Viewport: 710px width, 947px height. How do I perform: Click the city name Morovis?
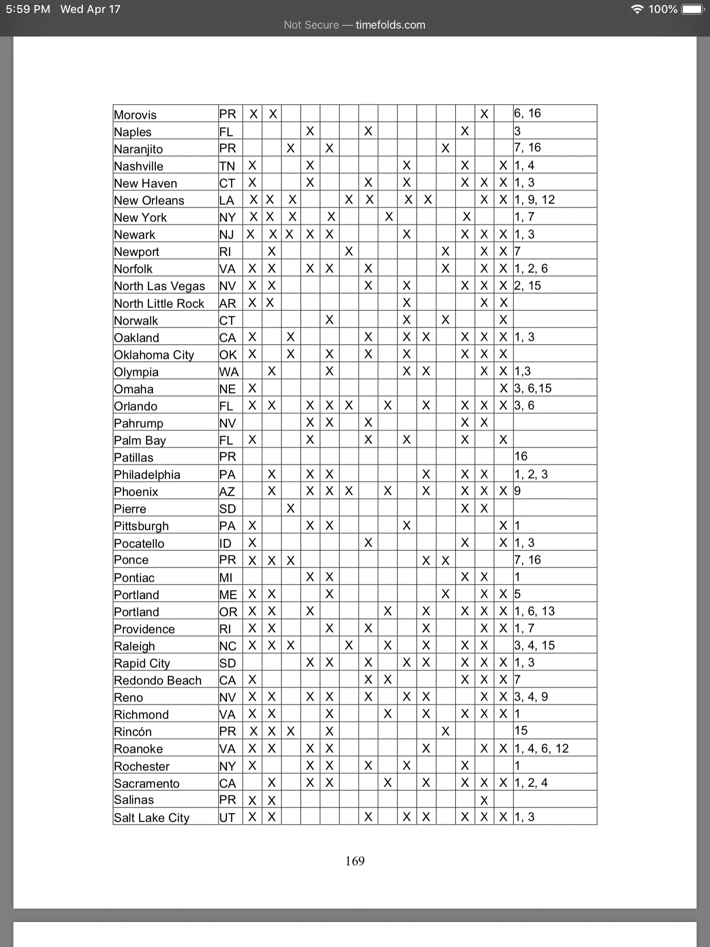(x=135, y=115)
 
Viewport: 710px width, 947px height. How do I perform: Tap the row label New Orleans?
(x=149, y=200)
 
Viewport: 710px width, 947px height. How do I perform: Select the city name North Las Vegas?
(x=159, y=286)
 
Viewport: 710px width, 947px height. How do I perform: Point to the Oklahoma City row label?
(x=154, y=355)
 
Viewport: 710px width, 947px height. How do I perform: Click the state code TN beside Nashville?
(x=227, y=166)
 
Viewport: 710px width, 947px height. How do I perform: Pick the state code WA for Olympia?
(x=229, y=372)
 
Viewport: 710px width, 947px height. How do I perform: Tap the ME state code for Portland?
(x=228, y=595)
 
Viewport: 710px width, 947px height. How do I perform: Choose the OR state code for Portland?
(x=228, y=612)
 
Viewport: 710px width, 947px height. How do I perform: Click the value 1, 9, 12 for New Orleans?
(x=534, y=200)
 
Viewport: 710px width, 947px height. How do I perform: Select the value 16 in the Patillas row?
(x=521, y=456)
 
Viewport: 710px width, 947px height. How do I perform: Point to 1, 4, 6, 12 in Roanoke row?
(x=541, y=748)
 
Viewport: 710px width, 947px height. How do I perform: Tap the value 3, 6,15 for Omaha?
(x=533, y=388)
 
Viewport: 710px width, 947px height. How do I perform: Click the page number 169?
(x=355, y=861)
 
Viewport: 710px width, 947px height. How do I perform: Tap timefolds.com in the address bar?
(x=390, y=25)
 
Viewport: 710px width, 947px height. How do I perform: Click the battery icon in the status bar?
(x=692, y=9)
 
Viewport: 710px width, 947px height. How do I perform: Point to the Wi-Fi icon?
(x=637, y=9)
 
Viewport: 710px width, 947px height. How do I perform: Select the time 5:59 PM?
(x=28, y=9)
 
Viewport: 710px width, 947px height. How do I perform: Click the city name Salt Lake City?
(x=152, y=818)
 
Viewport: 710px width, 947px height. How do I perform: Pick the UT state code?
(x=227, y=818)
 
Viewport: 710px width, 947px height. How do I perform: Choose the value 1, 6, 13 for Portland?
(x=534, y=611)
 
